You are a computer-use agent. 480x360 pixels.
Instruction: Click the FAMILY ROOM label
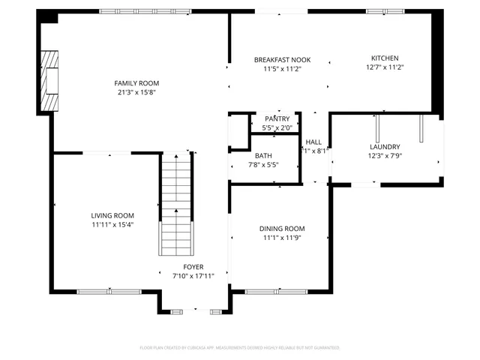tap(136, 83)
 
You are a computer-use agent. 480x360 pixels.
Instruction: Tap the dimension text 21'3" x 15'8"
tap(136, 93)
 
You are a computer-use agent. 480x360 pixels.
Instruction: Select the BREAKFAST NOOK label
tap(282, 60)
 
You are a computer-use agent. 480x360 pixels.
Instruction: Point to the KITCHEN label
tap(385, 58)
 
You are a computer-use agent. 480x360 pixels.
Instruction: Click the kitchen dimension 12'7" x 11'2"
tap(385, 67)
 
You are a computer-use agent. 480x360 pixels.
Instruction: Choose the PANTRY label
tap(277, 118)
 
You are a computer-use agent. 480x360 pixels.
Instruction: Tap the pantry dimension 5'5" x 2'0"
tap(277, 128)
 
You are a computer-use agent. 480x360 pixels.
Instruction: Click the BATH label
tap(242, 155)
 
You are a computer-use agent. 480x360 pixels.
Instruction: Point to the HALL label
tap(313, 141)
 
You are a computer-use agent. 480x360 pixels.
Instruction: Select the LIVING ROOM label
tap(112, 215)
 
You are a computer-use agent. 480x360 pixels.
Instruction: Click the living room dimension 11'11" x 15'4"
tap(112, 225)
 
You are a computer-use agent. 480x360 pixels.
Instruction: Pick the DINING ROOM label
tap(282, 229)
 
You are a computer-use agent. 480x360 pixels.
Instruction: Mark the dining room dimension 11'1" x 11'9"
tap(282, 238)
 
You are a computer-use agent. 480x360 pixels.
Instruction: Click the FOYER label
tap(193, 266)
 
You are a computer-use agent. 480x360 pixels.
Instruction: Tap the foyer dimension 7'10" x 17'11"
tap(193, 276)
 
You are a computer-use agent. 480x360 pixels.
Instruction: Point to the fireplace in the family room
tap(50, 81)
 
